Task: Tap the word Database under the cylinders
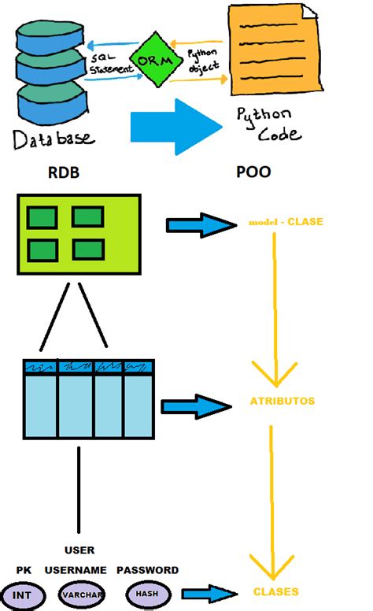(x=53, y=139)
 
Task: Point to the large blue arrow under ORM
(x=175, y=125)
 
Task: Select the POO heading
(x=253, y=172)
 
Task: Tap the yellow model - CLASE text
(x=285, y=222)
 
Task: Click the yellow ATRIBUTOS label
(x=283, y=401)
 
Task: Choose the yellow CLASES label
(x=275, y=591)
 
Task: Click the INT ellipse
(x=21, y=595)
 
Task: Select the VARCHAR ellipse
(x=82, y=595)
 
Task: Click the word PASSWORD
(x=147, y=569)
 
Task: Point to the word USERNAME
(x=76, y=569)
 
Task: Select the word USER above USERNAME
(x=79, y=550)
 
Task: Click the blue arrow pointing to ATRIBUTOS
(x=194, y=406)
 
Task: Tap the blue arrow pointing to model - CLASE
(x=201, y=226)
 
